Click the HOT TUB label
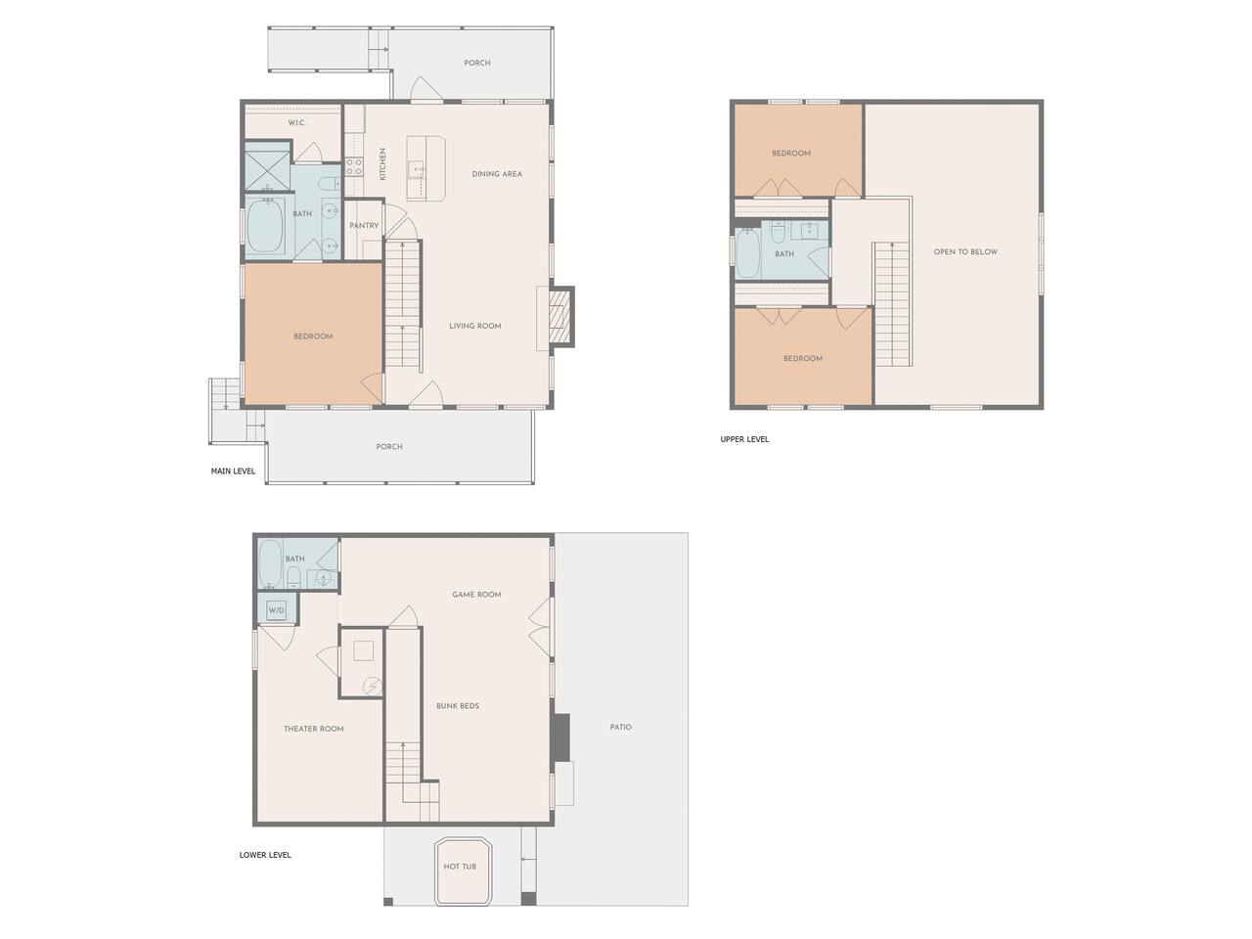pos(459,866)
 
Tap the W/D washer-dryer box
pos(276,610)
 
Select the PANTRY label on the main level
pos(364,226)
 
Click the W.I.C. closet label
pos(296,122)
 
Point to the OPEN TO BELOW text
pos(965,251)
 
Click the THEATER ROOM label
pos(314,729)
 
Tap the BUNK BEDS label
pos(458,706)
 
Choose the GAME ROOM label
pos(477,594)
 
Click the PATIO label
pos(620,727)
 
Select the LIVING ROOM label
pos(475,326)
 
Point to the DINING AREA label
pos(497,174)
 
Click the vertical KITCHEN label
pos(382,164)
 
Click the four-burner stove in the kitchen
pos(354,167)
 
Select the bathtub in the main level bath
pos(266,225)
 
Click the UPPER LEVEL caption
pos(744,439)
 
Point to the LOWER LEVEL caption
pos(265,855)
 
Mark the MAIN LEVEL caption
pos(234,470)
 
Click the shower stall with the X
pos(267,166)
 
